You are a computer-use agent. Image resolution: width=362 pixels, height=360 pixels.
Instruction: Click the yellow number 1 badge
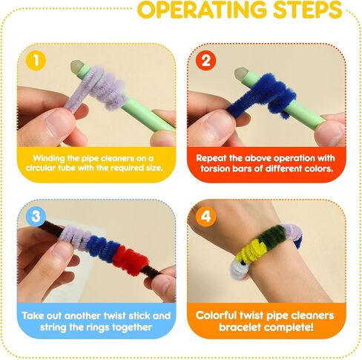coord(36,60)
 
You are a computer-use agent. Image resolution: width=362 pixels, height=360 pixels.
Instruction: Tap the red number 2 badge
coord(205,60)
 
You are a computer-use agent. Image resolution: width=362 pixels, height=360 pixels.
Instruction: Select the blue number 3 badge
coord(36,216)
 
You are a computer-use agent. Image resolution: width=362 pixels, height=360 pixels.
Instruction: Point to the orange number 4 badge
coord(205,216)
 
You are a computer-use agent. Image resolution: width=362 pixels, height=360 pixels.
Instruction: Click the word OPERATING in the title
coord(202,10)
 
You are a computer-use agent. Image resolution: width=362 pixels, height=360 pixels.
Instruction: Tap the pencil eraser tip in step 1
coord(76,66)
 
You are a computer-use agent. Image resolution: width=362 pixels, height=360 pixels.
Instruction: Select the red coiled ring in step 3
coord(130,261)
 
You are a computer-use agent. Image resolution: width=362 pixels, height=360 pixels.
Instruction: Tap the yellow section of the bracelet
coord(251,249)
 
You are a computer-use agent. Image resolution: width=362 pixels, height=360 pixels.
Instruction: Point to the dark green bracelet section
coord(273,236)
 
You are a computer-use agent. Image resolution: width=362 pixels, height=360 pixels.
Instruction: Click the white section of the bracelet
coord(239,270)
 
